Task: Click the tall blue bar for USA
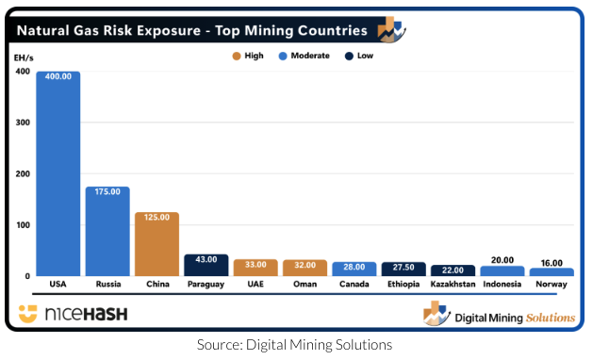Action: click(x=58, y=179)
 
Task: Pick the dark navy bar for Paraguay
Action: click(x=206, y=267)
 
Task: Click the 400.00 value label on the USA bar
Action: click(x=58, y=77)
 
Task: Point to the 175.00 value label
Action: click(x=107, y=191)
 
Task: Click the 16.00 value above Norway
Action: click(x=552, y=263)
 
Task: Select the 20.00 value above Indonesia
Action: click(x=502, y=261)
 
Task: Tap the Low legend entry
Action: click(x=359, y=56)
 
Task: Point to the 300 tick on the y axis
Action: click(x=24, y=123)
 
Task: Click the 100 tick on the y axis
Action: click(x=24, y=225)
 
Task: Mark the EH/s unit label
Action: click(x=24, y=57)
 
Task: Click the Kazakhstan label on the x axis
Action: click(x=453, y=284)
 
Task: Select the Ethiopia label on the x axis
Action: click(x=404, y=284)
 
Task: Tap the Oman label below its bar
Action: click(x=305, y=284)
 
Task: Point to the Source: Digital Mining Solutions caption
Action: click(x=294, y=345)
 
